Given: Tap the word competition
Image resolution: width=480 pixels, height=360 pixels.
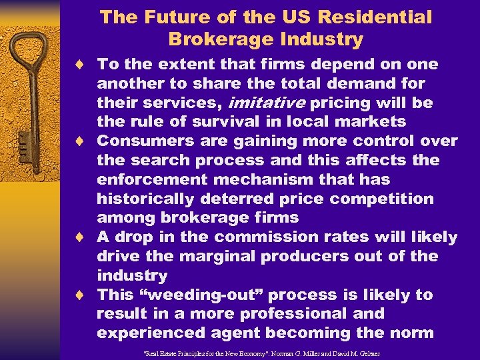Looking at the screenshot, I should pos(380,199).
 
